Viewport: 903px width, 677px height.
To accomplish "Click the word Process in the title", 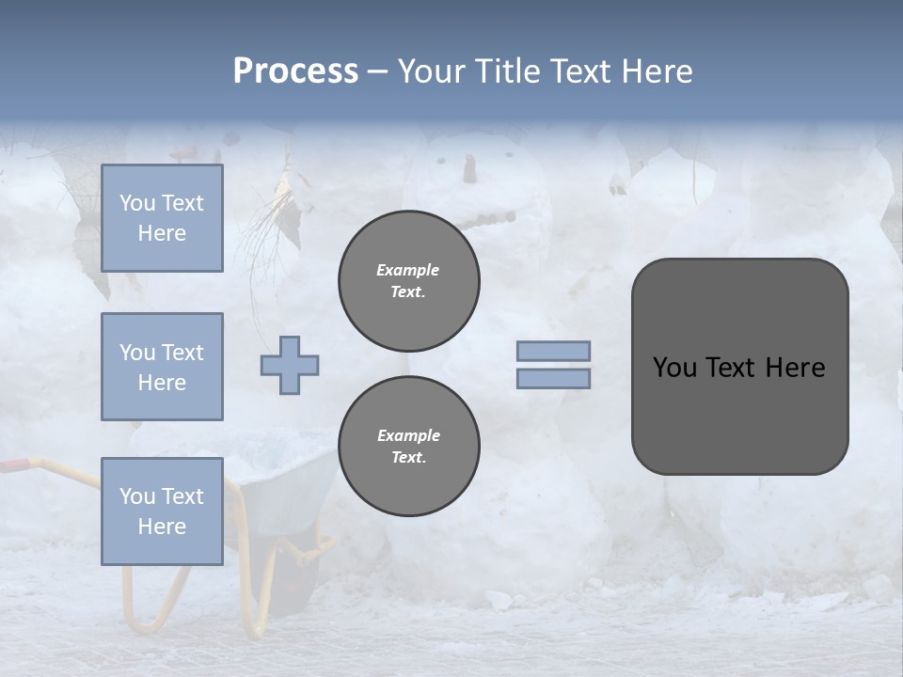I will tap(295, 71).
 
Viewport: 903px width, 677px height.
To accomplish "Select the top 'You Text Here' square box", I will tap(162, 218).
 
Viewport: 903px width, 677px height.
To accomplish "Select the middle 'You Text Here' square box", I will tap(162, 367).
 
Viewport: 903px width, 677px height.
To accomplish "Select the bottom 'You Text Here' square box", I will tap(162, 512).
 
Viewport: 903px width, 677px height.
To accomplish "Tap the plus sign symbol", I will tap(290, 365).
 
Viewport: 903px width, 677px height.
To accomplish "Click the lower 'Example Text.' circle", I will tap(409, 447).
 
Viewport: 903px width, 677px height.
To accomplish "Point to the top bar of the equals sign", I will tap(553, 351).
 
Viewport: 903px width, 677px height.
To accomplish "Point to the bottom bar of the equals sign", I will tap(553, 378).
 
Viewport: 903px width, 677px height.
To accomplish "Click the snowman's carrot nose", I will tap(468, 169).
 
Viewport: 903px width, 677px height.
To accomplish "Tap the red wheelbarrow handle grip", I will tap(13, 464).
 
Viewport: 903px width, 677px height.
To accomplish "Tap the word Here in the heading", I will tap(656, 71).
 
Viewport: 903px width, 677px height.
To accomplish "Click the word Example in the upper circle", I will tap(407, 270).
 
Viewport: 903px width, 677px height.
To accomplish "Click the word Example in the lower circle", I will tap(408, 435).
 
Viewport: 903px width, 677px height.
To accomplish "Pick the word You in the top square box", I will tap(137, 203).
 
